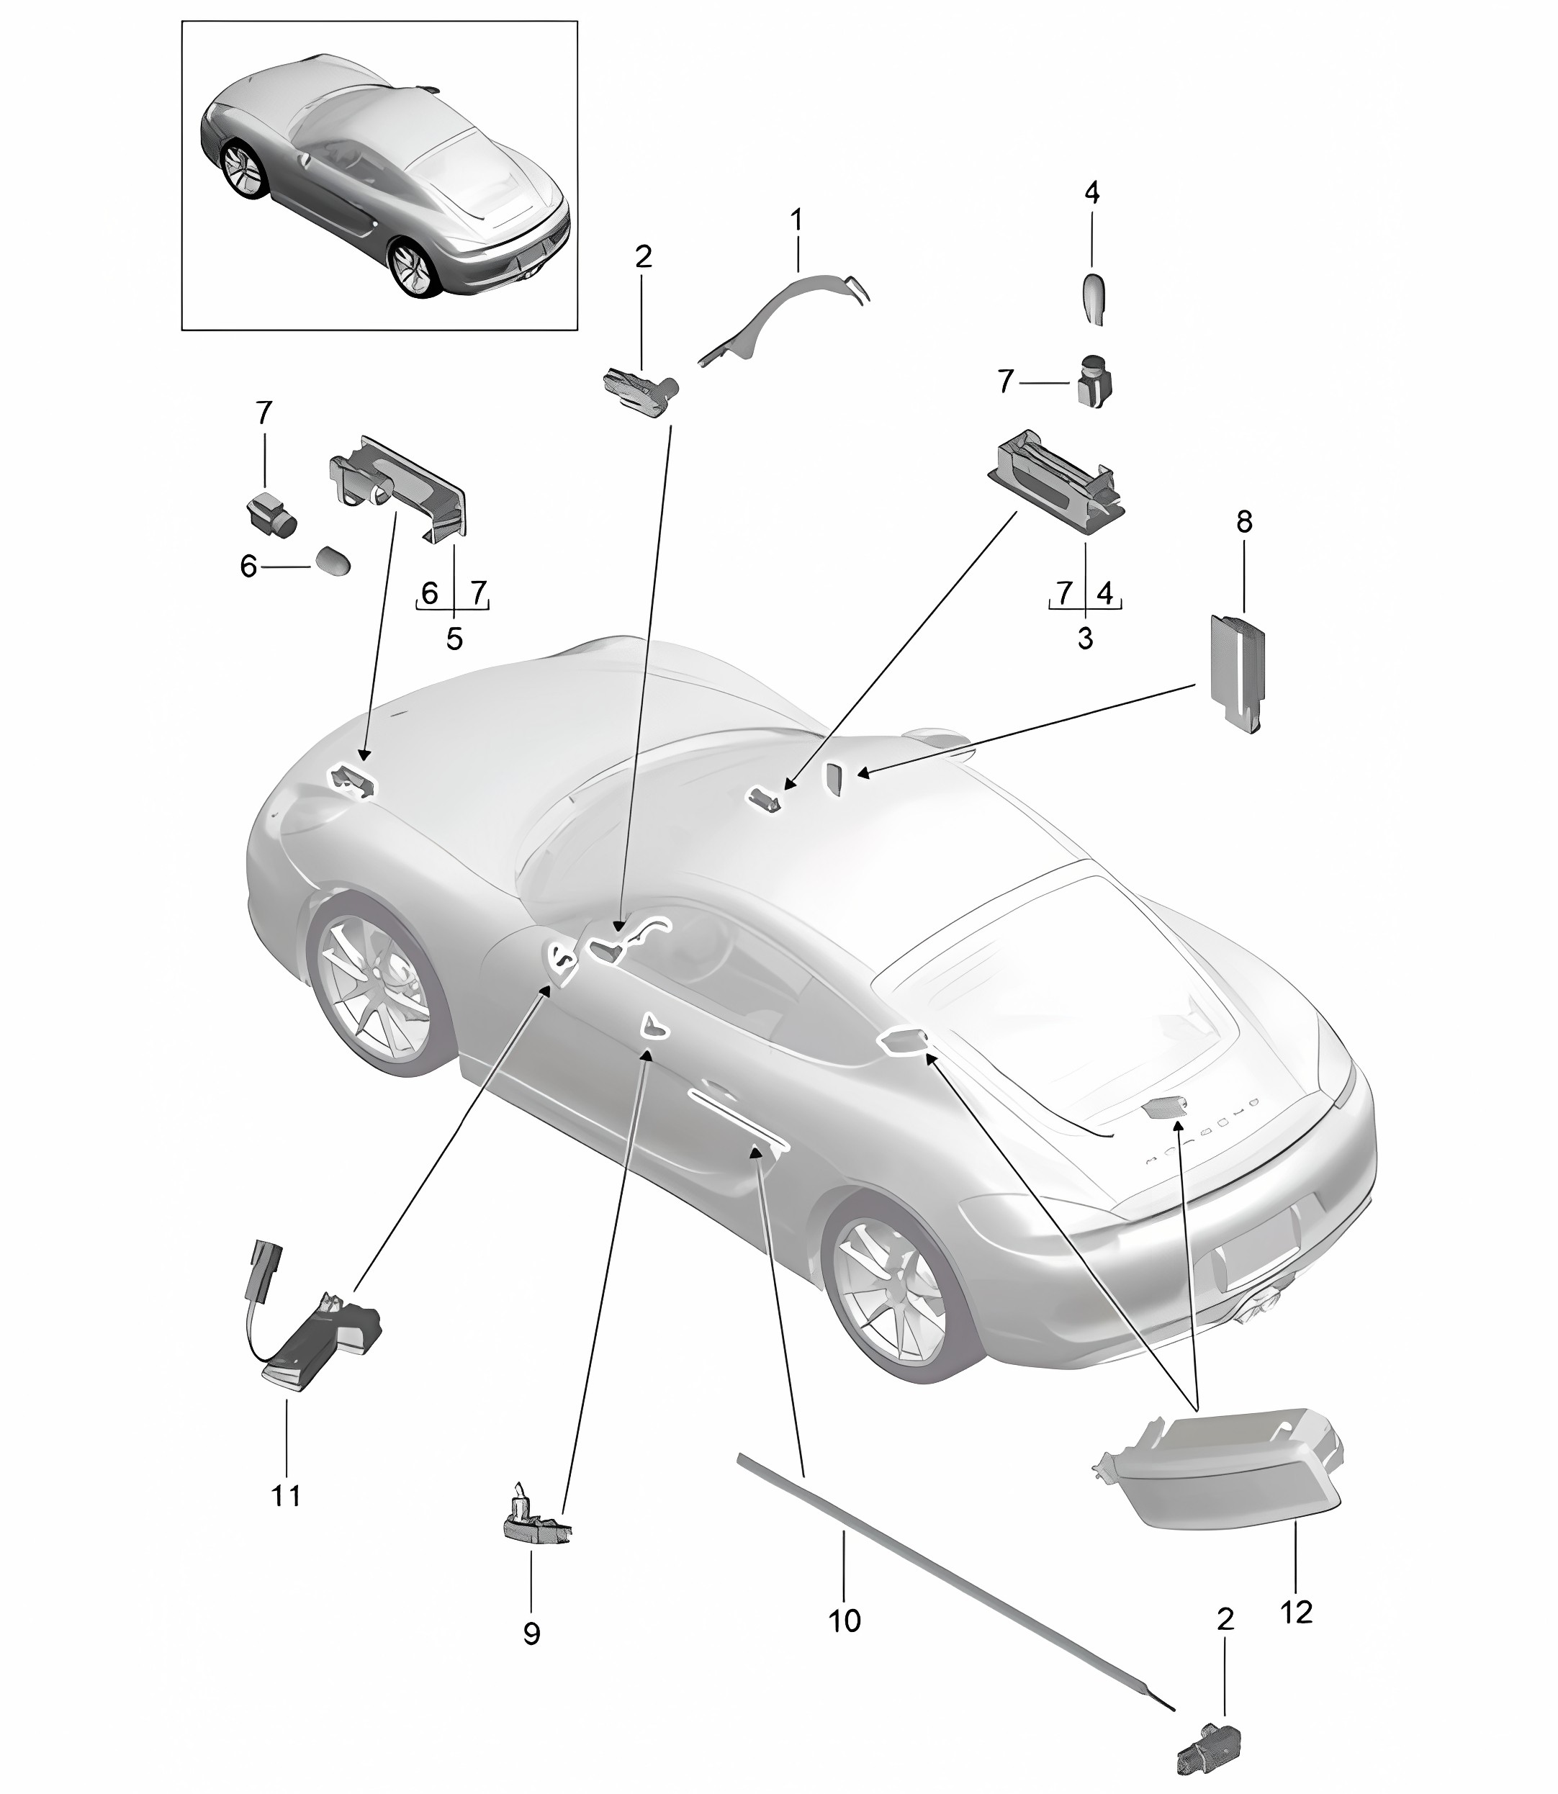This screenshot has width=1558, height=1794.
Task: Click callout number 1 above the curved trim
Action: [x=796, y=219]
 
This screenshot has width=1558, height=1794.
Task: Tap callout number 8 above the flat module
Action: [x=1244, y=523]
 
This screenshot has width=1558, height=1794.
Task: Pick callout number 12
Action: [x=1297, y=1613]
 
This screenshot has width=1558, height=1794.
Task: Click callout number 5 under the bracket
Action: [x=454, y=639]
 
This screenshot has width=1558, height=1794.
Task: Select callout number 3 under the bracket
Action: [x=1084, y=639]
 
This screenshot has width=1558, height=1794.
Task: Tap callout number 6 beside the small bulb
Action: [x=248, y=567]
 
